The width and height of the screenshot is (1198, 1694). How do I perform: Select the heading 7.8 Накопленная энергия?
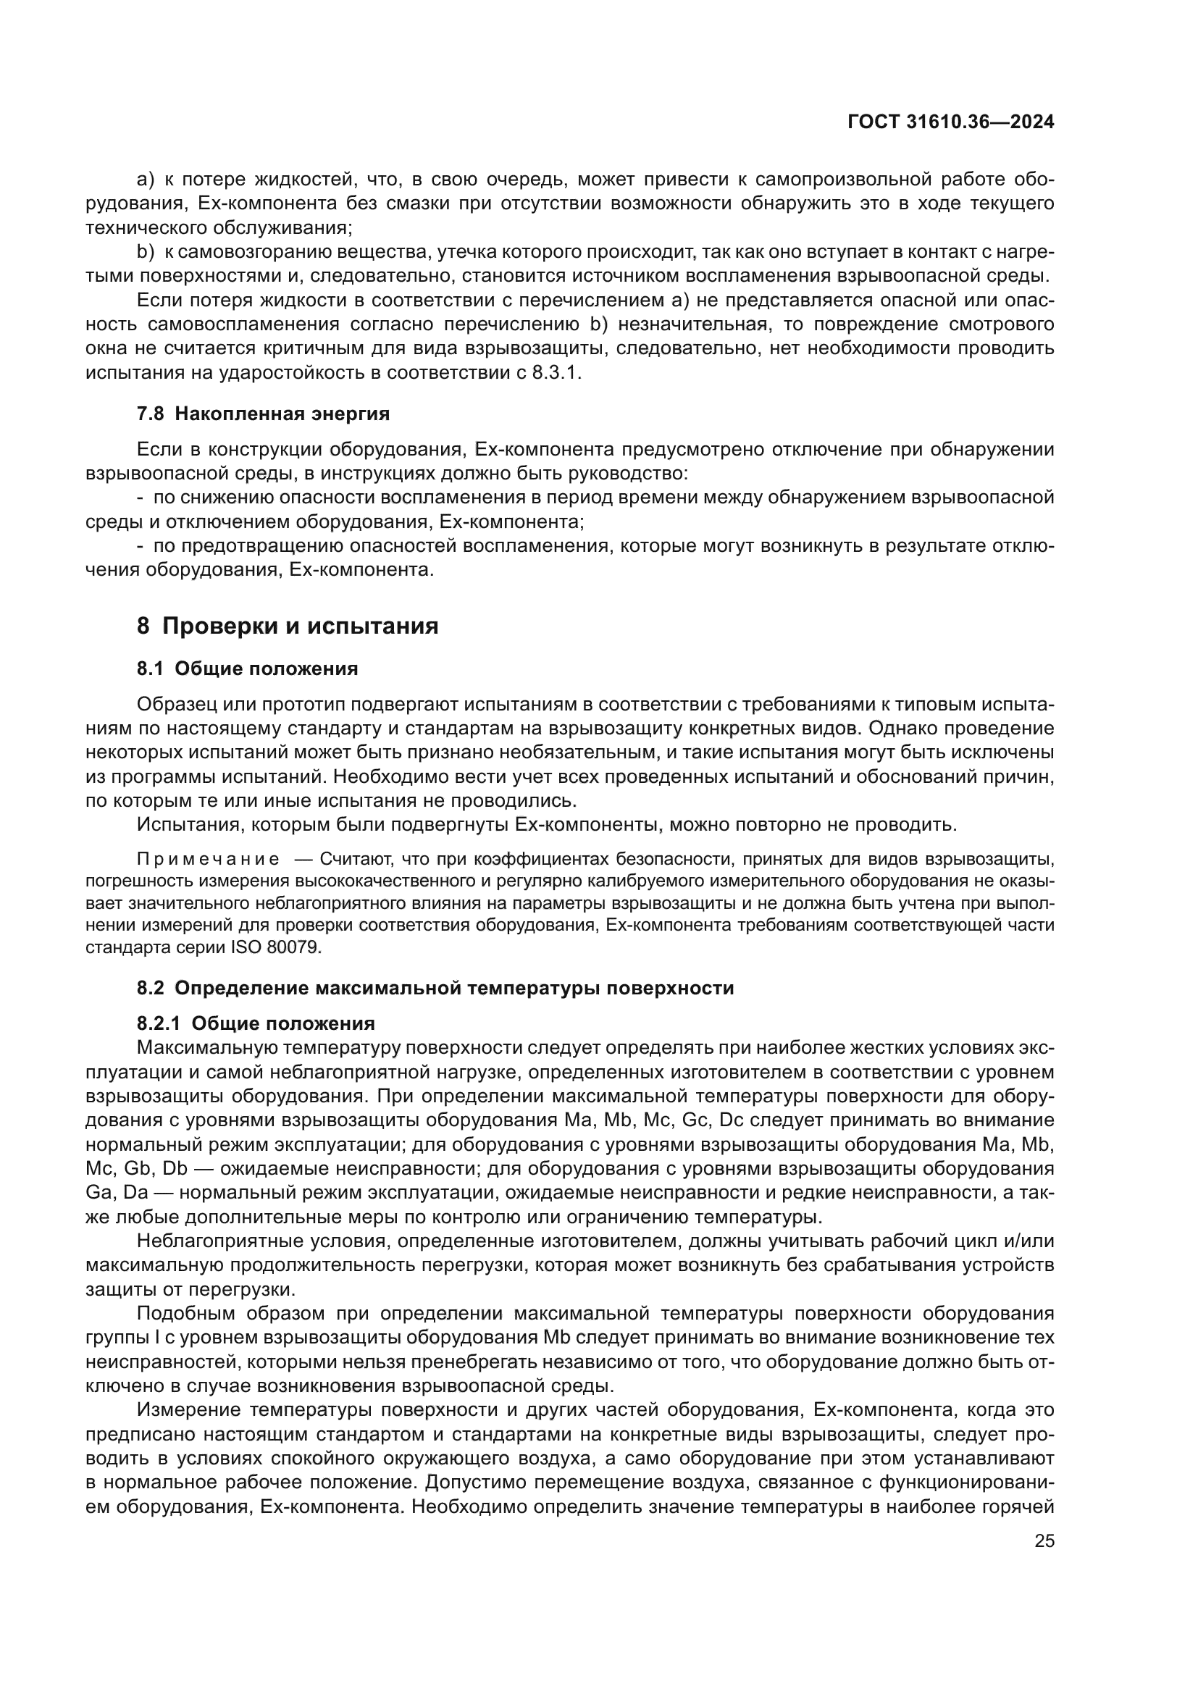pos(263,414)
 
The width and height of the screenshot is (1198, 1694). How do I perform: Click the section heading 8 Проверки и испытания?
pos(287,626)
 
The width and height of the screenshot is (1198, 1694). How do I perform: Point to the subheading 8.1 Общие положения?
pos(247,669)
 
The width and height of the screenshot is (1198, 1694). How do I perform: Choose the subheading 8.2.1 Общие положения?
pos(255,1023)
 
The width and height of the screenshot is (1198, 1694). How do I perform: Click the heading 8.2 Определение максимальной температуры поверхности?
pos(435,988)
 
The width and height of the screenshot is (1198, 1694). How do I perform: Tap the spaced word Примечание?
pos(208,860)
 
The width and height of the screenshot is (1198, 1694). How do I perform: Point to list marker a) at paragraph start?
pos(145,180)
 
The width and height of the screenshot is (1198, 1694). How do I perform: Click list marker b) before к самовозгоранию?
pos(145,252)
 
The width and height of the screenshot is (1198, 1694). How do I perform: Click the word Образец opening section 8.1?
pos(174,705)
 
